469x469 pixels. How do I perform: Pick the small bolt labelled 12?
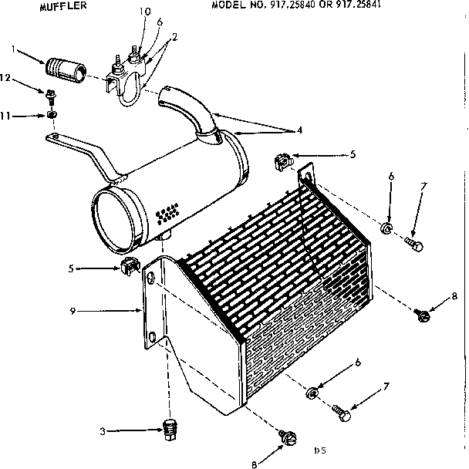point(50,97)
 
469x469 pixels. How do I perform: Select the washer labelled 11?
point(51,116)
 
